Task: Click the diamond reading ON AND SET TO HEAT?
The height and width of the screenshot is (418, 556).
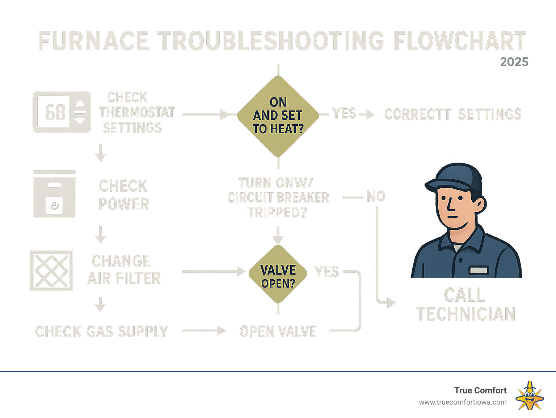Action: point(278,116)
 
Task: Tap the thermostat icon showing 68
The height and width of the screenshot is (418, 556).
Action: point(62,112)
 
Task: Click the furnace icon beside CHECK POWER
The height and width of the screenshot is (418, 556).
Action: point(54,195)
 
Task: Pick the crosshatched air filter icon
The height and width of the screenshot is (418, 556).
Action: point(51,270)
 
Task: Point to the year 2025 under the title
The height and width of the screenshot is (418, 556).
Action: point(514,62)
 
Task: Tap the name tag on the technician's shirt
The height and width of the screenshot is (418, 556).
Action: point(479,270)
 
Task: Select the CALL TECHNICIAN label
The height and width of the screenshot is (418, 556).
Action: point(465,305)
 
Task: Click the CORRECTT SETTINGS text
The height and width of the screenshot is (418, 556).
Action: point(452,114)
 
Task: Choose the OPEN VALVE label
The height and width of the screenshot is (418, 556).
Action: point(278,331)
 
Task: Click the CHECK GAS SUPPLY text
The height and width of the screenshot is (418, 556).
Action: point(101,331)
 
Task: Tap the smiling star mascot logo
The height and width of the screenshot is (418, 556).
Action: point(530,396)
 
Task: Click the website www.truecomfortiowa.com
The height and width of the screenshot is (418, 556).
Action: point(463,402)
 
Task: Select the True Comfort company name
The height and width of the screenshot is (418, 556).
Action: point(480,390)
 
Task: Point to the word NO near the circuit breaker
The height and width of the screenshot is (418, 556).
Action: point(376,197)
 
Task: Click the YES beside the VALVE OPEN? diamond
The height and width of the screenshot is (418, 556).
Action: point(327,272)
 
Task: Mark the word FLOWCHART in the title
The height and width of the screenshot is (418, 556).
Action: point(460,41)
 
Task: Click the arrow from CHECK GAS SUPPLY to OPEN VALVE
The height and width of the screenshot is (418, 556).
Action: point(204,331)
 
